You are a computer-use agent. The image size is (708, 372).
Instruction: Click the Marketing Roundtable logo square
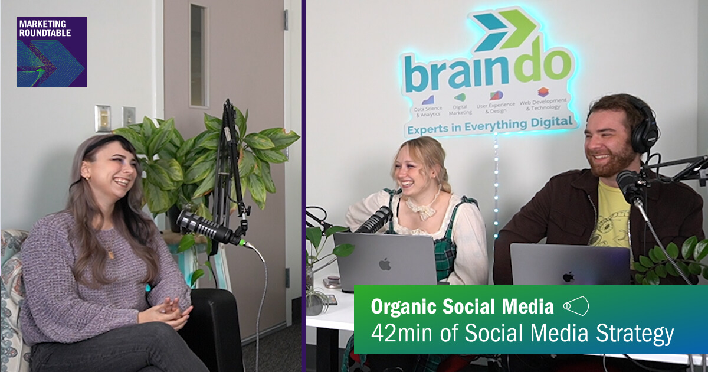click(x=52, y=52)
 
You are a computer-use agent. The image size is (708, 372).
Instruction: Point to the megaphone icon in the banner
click(x=576, y=306)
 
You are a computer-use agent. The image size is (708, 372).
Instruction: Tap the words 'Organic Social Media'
click(x=463, y=306)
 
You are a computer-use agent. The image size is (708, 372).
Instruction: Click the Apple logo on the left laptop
click(x=385, y=263)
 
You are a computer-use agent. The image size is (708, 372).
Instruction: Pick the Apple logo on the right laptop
click(x=568, y=276)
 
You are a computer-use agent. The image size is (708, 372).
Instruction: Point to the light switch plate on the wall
click(x=103, y=118)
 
